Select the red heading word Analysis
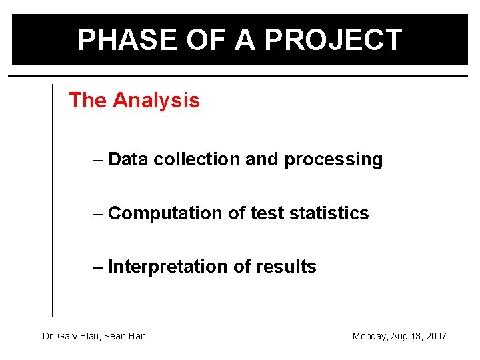[x=156, y=100]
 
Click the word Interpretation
[x=168, y=267]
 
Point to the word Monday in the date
[x=369, y=336]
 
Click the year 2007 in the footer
[x=435, y=336]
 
